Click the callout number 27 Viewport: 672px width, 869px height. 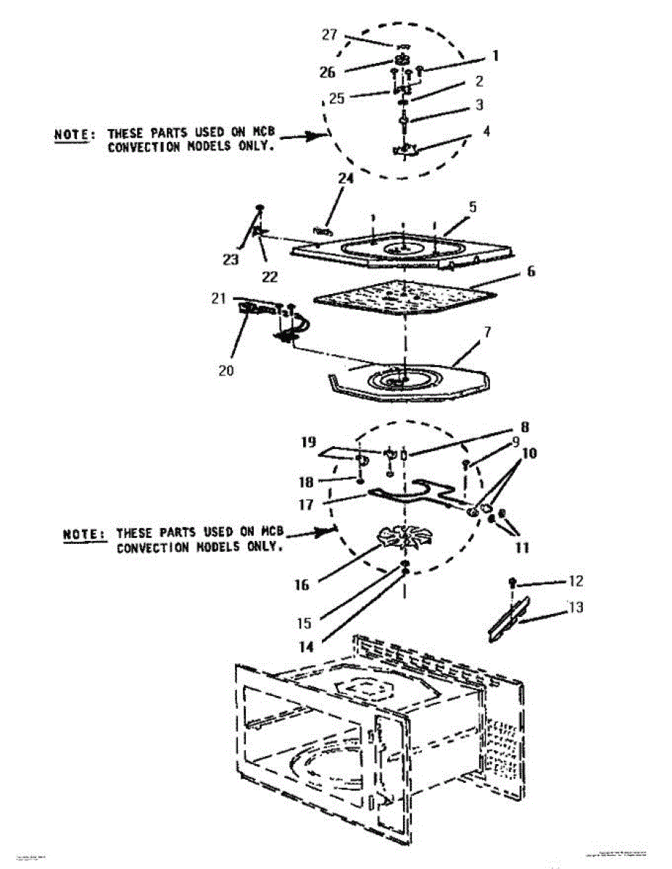(x=330, y=35)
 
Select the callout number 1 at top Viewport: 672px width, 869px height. (x=495, y=55)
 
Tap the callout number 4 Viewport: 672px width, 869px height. (x=486, y=133)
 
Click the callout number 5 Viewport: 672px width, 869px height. (x=472, y=206)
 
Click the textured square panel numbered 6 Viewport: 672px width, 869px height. (x=403, y=298)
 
